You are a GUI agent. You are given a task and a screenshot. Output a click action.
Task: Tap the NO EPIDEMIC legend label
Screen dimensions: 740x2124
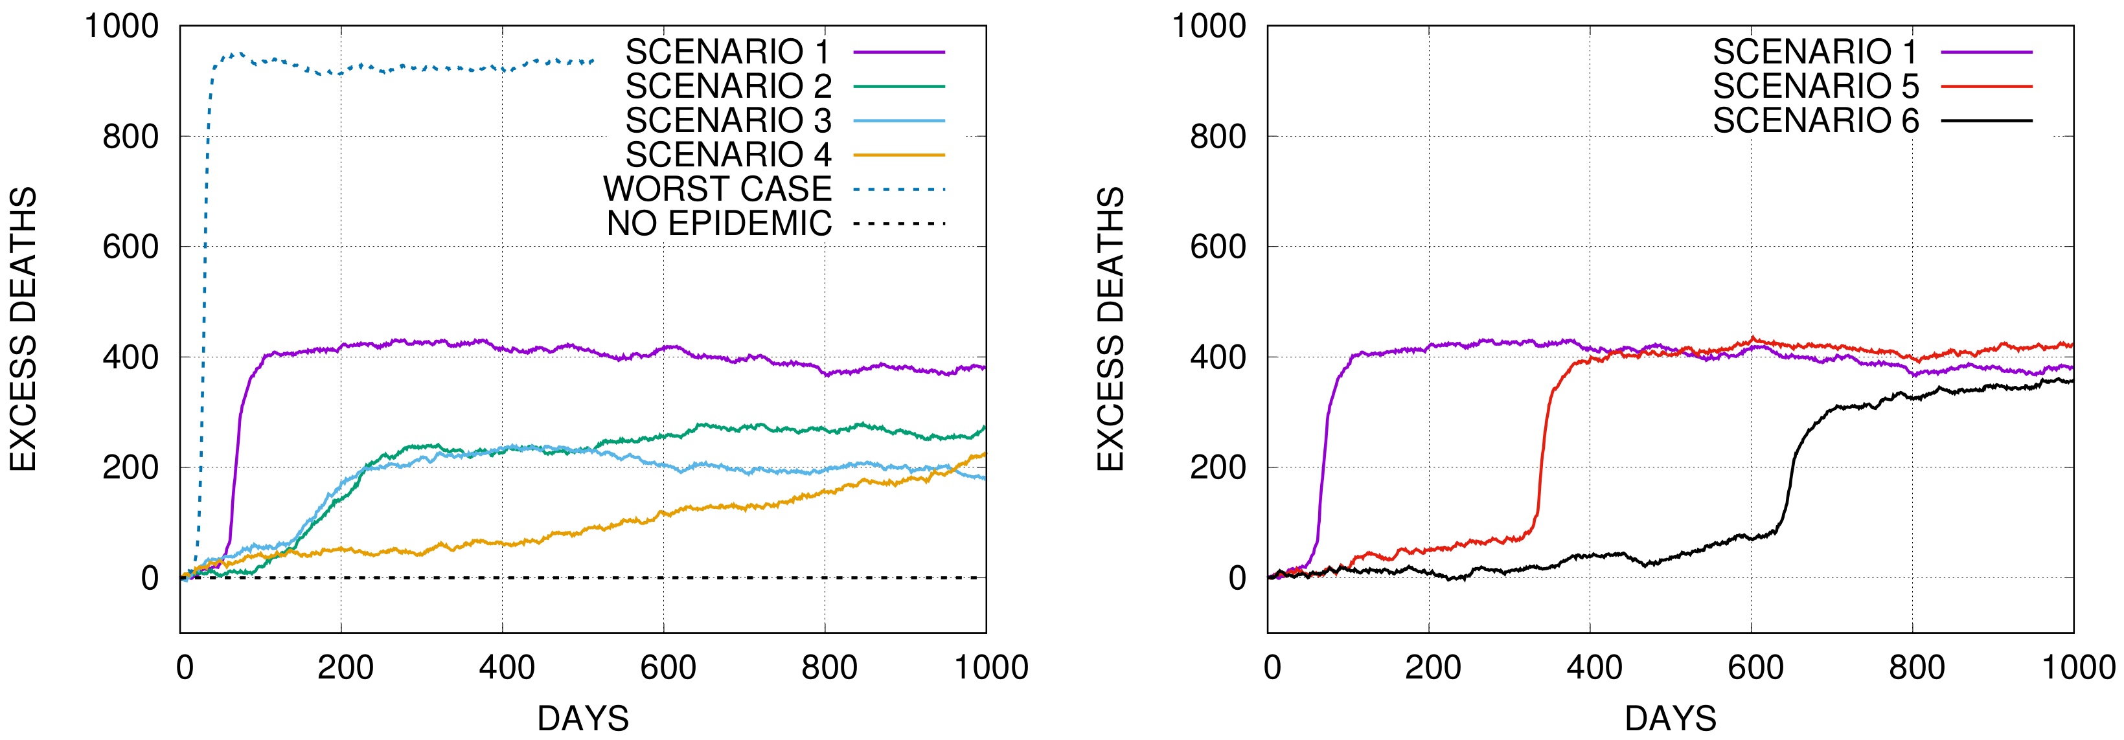(719, 224)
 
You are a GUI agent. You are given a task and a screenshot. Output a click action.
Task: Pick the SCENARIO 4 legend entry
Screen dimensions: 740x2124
(728, 155)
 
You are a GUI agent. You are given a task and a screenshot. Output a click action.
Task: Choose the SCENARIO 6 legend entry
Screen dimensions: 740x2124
(1816, 121)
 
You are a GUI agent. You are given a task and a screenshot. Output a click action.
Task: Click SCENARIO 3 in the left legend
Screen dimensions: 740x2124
(728, 121)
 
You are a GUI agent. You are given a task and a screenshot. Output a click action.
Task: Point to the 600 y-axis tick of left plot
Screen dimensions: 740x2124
(130, 247)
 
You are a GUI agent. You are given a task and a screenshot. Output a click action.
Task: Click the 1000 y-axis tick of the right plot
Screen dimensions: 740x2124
(1209, 27)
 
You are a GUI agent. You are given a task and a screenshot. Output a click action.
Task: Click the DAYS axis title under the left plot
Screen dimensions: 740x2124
(583, 719)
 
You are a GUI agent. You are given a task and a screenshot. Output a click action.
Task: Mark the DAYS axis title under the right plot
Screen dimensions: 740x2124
(1671, 719)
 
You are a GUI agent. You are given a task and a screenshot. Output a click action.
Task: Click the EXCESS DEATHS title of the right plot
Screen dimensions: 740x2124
(1111, 330)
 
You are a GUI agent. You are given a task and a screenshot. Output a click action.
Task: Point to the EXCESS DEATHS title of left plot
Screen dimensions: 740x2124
(23, 330)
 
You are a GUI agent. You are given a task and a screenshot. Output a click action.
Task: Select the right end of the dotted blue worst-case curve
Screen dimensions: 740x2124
(593, 61)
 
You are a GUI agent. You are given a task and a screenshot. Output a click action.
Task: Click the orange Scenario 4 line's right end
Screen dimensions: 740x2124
(985, 454)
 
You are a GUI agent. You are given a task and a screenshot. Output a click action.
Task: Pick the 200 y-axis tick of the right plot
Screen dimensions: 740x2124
(1218, 467)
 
